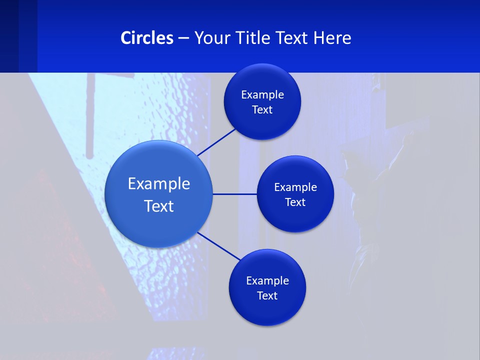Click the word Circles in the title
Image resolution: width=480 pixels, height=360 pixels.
click(147, 38)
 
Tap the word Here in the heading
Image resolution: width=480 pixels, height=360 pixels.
click(332, 38)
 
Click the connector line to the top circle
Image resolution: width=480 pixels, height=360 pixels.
click(216, 142)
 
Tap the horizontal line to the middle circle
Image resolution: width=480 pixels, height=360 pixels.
click(234, 194)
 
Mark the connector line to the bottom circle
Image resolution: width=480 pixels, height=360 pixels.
click(219, 246)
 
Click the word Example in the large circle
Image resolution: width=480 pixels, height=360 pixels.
click(159, 184)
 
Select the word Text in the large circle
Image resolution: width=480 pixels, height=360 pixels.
click(159, 206)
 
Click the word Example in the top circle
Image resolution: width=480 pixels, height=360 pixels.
click(262, 95)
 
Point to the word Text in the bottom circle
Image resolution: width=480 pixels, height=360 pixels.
click(267, 295)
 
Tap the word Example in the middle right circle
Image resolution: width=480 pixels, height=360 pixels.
click(295, 187)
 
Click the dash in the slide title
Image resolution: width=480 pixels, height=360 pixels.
click(183, 38)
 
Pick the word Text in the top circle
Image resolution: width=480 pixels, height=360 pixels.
click(262, 110)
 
